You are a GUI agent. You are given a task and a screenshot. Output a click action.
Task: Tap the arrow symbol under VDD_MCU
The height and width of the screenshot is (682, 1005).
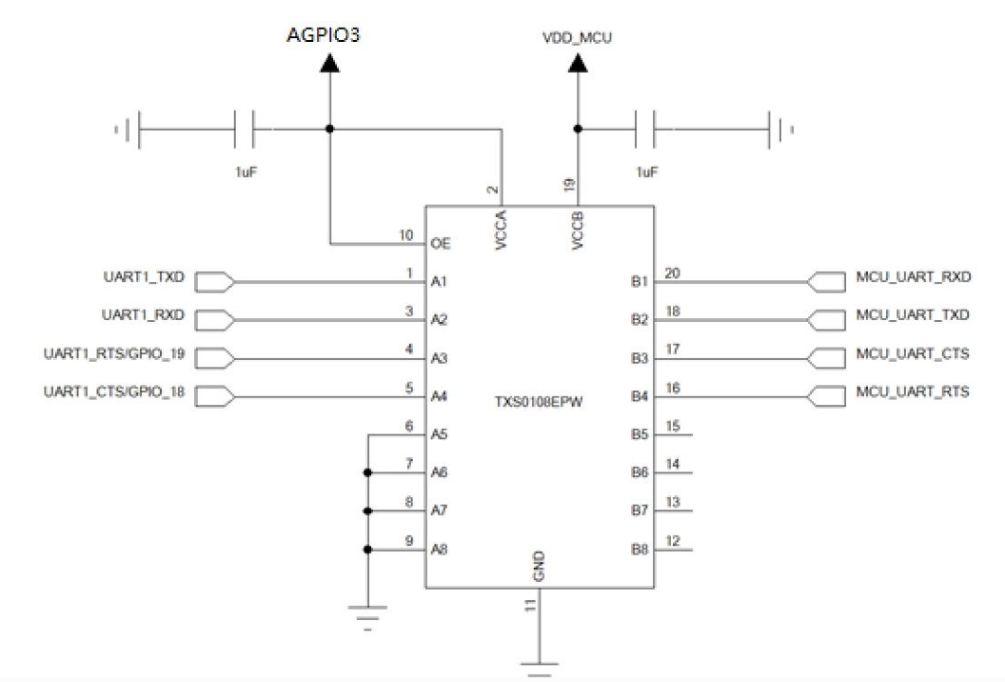coord(577,65)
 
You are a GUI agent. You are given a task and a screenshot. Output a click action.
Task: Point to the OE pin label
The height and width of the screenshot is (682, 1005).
coord(440,244)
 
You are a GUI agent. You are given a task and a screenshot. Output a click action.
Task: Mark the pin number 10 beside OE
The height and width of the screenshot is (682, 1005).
coord(406,234)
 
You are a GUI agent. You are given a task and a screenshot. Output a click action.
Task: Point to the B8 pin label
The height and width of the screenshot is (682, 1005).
coord(640,550)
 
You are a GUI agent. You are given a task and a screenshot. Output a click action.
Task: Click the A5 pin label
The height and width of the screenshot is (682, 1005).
coord(440,434)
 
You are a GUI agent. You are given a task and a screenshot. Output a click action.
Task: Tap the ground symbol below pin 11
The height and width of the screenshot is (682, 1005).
coord(539,663)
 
